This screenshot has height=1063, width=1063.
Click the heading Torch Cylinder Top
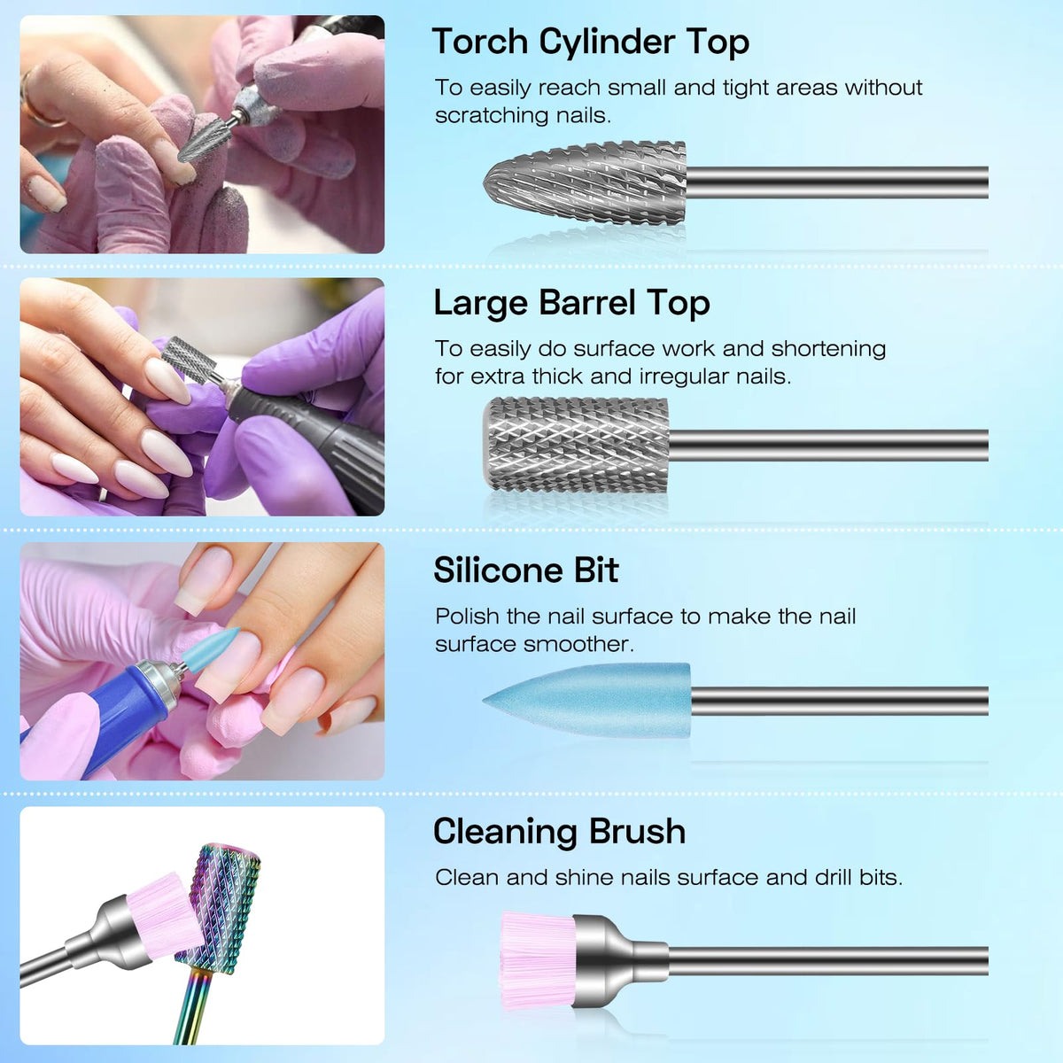point(590,43)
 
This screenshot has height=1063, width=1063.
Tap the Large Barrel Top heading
point(571,304)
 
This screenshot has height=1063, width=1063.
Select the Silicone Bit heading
point(525,570)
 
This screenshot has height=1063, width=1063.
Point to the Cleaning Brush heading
point(559,831)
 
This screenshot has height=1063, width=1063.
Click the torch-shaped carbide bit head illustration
point(585,182)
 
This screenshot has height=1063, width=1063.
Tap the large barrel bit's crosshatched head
point(576,445)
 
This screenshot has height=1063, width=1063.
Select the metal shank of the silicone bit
point(840,701)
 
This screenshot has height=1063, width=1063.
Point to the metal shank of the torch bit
point(837,182)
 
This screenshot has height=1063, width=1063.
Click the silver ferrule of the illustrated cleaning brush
point(621,960)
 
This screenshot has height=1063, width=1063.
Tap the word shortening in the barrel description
point(828,349)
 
